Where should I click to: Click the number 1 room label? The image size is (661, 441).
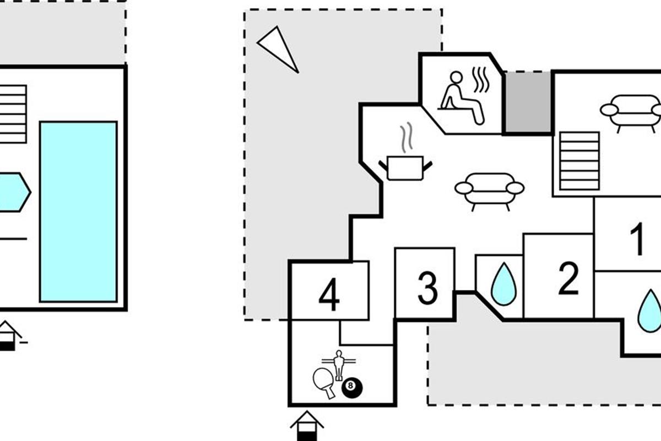(x=637, y=239)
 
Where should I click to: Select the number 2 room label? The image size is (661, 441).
(x=568, y=278)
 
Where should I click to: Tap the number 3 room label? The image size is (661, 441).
(x=427, y=288)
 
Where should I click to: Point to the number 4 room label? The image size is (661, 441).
(x=329, y=296)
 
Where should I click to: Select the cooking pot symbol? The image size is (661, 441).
(x=405, y=168)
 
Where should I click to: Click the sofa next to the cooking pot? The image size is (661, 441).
(x=489, y=189)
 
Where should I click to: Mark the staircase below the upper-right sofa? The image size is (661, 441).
(x=579, y=161)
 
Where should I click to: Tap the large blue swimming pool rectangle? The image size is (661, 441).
(x=78, y=212)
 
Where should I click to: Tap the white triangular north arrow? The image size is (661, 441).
(x=278, y=48)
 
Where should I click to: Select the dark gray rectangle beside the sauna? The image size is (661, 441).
(x=527, y=103)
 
